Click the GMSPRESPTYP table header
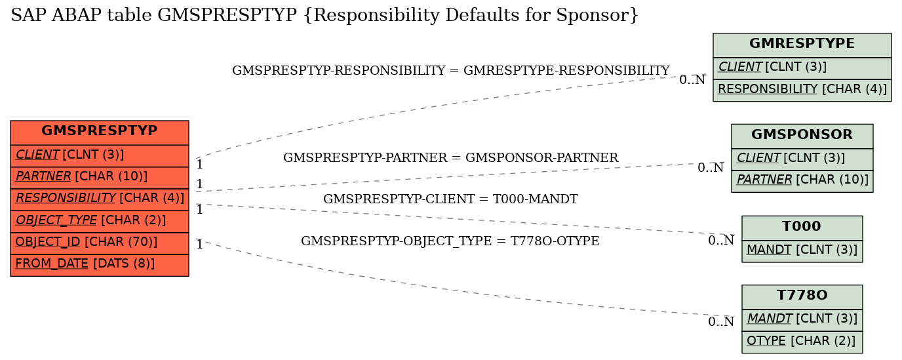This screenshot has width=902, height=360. point(100,132)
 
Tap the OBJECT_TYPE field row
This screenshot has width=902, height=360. point(100,221)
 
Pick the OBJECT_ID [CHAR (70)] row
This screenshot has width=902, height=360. point(100,243)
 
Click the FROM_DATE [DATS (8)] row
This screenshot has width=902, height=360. point(100,264)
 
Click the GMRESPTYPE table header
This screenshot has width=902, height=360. point(802,45)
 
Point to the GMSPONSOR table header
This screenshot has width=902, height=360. point(802,136)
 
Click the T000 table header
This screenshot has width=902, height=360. point(802,228)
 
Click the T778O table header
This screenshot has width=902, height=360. point(802,297)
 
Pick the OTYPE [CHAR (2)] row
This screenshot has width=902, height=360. point(802,342)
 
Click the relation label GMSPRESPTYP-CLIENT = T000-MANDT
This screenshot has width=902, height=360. point(450,199)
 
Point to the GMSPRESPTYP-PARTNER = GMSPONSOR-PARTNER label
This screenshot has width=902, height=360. point(450,157)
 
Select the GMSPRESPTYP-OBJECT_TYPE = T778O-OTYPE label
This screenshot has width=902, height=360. point(450,241)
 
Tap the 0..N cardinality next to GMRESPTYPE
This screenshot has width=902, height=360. point(692,80)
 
